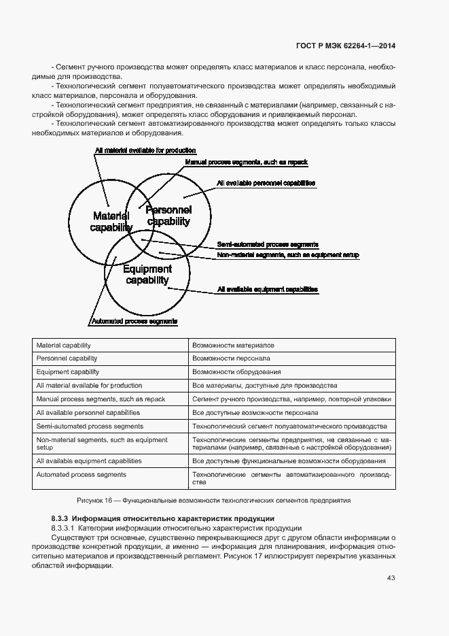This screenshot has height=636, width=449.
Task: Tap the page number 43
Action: pyautogui.click(x=391, y=578)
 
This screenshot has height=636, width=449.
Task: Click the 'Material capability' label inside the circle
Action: pyautogui.click(x=111, y=222)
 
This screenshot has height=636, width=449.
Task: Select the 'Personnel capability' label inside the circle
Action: pyautogui.click(x=168, y=216)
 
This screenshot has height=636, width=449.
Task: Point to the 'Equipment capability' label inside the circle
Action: pyautogui.click(x=147, y=275)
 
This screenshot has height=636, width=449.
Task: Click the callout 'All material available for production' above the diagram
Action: pyautogui.click(x=145, y=150)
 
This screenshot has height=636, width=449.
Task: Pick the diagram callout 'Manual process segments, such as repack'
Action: pyautogui.click(x=247, y=162)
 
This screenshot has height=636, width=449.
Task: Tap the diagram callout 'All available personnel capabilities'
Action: pyautogui.click(x=266, y=183)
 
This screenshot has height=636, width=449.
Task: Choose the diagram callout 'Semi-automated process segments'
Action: pyautogui.click(x=268, y=244)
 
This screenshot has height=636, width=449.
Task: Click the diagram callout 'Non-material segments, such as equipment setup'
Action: pyautogui.click(x=287, y=254)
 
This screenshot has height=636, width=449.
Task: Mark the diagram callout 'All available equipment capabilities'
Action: pyautogui.click(x=267, y=289)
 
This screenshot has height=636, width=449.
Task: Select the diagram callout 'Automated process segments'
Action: pyautogui.click(x=134, y=320)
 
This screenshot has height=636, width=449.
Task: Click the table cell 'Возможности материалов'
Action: pyautogui.click(x=233, y=346)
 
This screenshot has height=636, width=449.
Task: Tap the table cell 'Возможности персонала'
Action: pyautogui.click(x=231, y=358)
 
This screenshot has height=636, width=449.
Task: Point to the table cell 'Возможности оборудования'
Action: pyautogui.click(x=236, y=372)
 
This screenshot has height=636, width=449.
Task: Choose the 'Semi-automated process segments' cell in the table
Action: pyautogui.click(x=90, y=426)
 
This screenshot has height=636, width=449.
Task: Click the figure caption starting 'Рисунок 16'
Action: pyautogui.click(x=214, y=500)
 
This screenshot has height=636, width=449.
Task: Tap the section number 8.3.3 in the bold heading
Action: pyautogui.click(x=60, y=519)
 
